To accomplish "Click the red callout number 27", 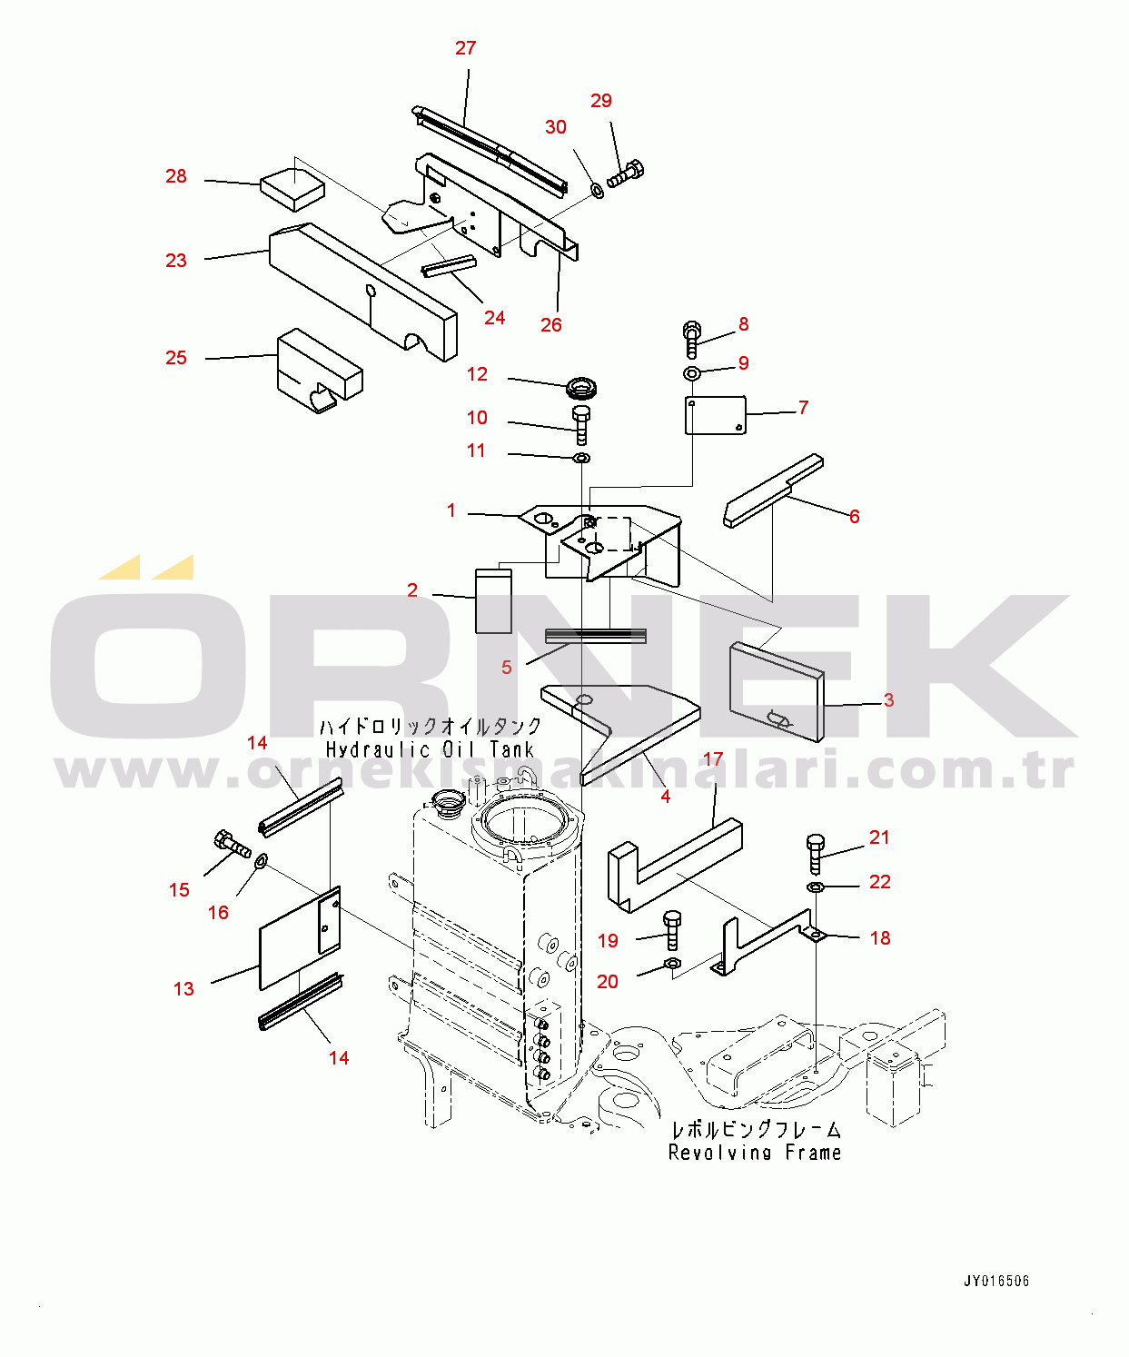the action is (x=465, y=48).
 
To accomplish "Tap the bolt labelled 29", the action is (x=625, y=173).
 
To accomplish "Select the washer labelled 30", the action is (x=596, y=191).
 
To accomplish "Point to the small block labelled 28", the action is (x=292, y=189).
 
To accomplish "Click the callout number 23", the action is (x=175, y=261).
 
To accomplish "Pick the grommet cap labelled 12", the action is (x=581, y=388).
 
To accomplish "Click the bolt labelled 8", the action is (x=691, y=340).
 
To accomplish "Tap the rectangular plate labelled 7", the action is (x=716, y=415).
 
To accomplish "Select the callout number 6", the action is (x=854, y=517).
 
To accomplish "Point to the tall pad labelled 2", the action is (x=493, y=601).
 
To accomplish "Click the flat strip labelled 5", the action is (x=595, y=636).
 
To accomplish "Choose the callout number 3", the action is (x=888, y=700).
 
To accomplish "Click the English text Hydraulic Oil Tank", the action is (x=430, y=749).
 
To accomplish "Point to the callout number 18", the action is (x=880, y=937).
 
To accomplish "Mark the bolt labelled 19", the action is (x=672, y=931).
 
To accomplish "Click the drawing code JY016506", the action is (x=996, y=1281).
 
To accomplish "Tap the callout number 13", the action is (x=183, y=989).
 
